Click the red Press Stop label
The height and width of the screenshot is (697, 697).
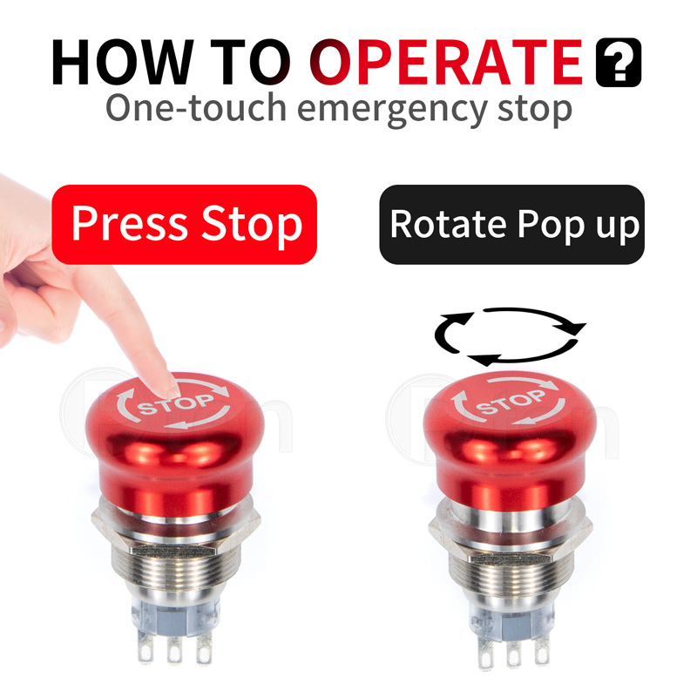(x=185, y=224)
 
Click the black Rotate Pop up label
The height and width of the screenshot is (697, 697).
(x=512, y=224)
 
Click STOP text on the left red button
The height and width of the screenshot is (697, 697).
(x=176, y=404)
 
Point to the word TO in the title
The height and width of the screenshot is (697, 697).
(x=254, y=62)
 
